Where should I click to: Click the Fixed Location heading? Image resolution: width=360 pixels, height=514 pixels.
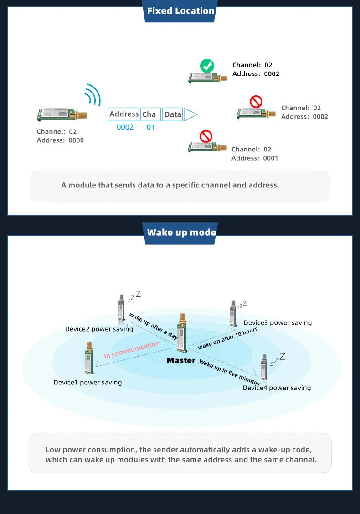(x=180, y=11)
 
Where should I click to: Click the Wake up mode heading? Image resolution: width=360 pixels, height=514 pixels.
(x=181, y=233)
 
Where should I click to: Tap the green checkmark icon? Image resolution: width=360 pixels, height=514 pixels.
(x=207, y=66)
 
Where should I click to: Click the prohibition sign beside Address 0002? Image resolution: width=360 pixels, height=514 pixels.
(x=256, y=101)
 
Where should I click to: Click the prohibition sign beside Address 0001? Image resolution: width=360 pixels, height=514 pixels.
(x=206, y=136)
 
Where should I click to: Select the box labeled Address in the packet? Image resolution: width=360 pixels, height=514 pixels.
(x=123, y=114)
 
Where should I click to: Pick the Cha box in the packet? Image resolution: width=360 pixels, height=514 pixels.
(x=149, y=114)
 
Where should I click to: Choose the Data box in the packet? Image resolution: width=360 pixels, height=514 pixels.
(x=173, y=114)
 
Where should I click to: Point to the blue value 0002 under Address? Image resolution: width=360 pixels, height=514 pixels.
(x=125, y=127)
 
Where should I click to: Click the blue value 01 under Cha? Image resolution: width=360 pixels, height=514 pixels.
(x=150, y=127)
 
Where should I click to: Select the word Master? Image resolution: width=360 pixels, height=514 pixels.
(x=181, y=361)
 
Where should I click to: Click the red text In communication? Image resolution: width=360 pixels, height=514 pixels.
(x=132, y=349)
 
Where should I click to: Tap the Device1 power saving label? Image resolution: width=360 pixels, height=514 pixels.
(x=87, y=382)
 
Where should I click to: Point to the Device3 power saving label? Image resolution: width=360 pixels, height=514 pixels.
(x=278, y=322)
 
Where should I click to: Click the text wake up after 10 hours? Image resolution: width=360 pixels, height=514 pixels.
(x=227, y=338)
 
